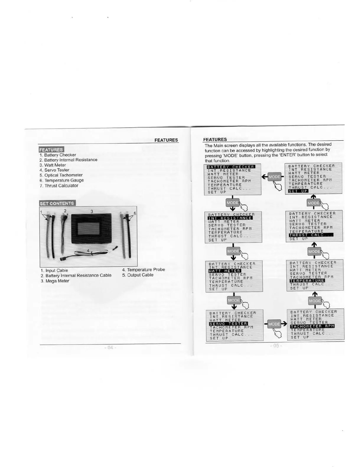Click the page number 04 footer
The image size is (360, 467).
coord(110,347)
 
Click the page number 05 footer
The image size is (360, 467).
coord(276,345)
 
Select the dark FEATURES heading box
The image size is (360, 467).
coord(51,149)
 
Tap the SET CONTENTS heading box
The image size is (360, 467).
coord(57,203)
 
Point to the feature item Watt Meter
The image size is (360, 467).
coord(55,165)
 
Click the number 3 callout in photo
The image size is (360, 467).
coord(92,211)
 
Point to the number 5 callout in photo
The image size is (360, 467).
coord(135,213)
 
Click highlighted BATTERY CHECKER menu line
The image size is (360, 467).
coord(231,167)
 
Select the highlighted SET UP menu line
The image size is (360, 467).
coord(298,191)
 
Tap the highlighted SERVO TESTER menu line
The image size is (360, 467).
coord(228,324)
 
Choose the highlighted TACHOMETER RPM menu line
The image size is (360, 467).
coord(312,326)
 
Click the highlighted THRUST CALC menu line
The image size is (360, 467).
coord(311,235)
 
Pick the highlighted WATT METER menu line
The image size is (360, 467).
coord(225,271)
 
